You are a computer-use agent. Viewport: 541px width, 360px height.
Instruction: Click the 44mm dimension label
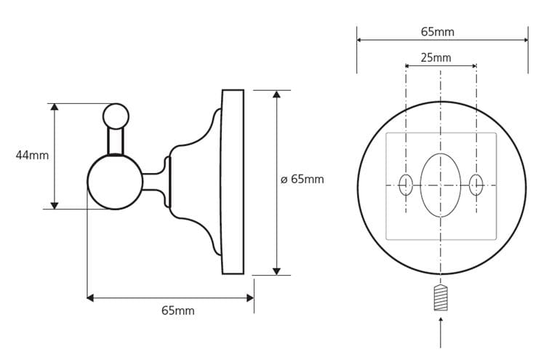(32, 156)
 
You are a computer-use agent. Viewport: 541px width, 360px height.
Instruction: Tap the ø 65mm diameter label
(302, 179)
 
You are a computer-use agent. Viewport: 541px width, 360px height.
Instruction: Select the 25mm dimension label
(436, 57)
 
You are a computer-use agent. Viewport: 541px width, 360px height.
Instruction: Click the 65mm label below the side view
(178, 311)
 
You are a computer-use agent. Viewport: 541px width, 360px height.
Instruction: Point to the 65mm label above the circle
(438, 32)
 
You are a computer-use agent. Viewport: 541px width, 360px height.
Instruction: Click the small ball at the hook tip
(116, 116)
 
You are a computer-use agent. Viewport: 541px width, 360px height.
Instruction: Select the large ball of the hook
(115, 182)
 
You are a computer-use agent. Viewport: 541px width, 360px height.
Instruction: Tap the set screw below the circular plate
(441, 298)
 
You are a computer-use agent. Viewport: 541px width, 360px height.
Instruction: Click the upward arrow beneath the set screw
(441, 333)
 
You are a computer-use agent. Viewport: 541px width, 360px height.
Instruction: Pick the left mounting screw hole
(406, 185)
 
